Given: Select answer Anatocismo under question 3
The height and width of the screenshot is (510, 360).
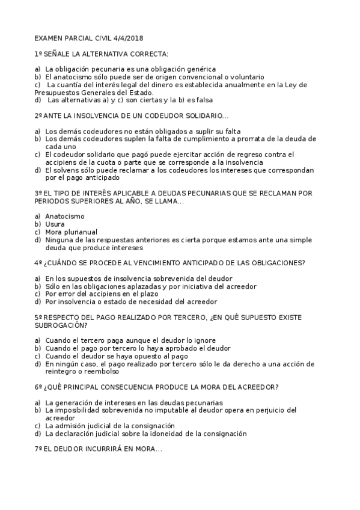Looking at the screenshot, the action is point(65,216).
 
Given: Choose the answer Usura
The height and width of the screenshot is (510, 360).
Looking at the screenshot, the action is point(55,224).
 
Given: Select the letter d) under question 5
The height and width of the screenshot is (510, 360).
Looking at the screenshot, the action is point(38,363).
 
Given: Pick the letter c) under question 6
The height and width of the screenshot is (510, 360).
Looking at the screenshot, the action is point(38,425).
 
